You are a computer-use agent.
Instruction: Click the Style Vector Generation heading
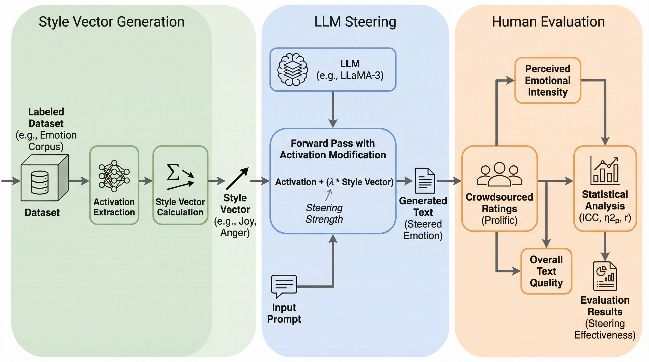[x=111, y=22]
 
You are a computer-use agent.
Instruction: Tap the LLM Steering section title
[x=355, y=22]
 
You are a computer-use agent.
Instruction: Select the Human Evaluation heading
[x=548, y=22]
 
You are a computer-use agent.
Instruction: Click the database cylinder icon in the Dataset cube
[x=40, y=182]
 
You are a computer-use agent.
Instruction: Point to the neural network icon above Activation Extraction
[x=114, y=176]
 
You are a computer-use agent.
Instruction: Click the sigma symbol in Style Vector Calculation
[x=173, y=172]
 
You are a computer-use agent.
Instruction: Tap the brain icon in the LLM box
[x=292, y=70]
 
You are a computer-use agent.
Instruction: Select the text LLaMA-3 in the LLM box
[x=362, y=75]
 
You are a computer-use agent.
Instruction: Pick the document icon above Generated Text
[x=425, y=181]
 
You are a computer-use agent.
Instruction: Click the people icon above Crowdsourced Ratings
[x=499, y=174]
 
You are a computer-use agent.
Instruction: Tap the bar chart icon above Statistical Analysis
[x=605, y=171]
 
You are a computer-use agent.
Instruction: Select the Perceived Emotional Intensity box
[x=548, y=80]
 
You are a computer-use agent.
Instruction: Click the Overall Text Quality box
[x=546, y=271]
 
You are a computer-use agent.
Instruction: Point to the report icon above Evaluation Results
[x=605, y=276]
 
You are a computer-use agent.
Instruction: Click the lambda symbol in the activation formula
[x=331, y=182]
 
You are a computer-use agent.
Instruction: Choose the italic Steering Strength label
[x=324, y=214]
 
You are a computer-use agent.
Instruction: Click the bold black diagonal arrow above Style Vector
[x=237, y=178]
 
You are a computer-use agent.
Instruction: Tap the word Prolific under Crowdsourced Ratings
[x=499, y=220]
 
